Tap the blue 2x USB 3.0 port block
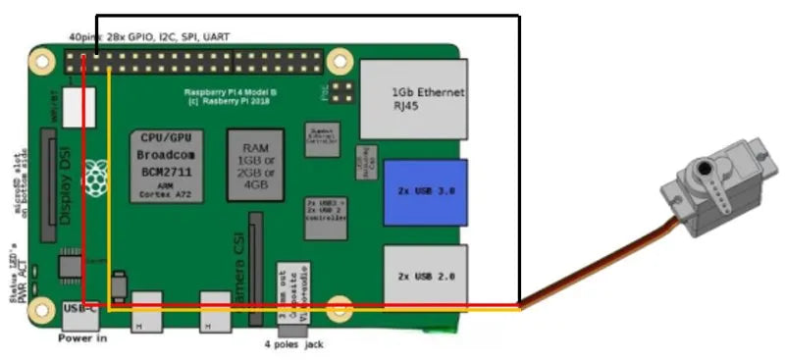tap(425, 191)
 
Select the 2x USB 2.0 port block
tap(424, 276)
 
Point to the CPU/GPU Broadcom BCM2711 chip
tap(170, 164)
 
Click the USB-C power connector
tap(78, 311)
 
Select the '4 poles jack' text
tap(293, 344)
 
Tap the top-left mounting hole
tap(41, 62)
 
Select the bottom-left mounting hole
tap(41, 312)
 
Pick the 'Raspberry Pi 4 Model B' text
tap(233, 93)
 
